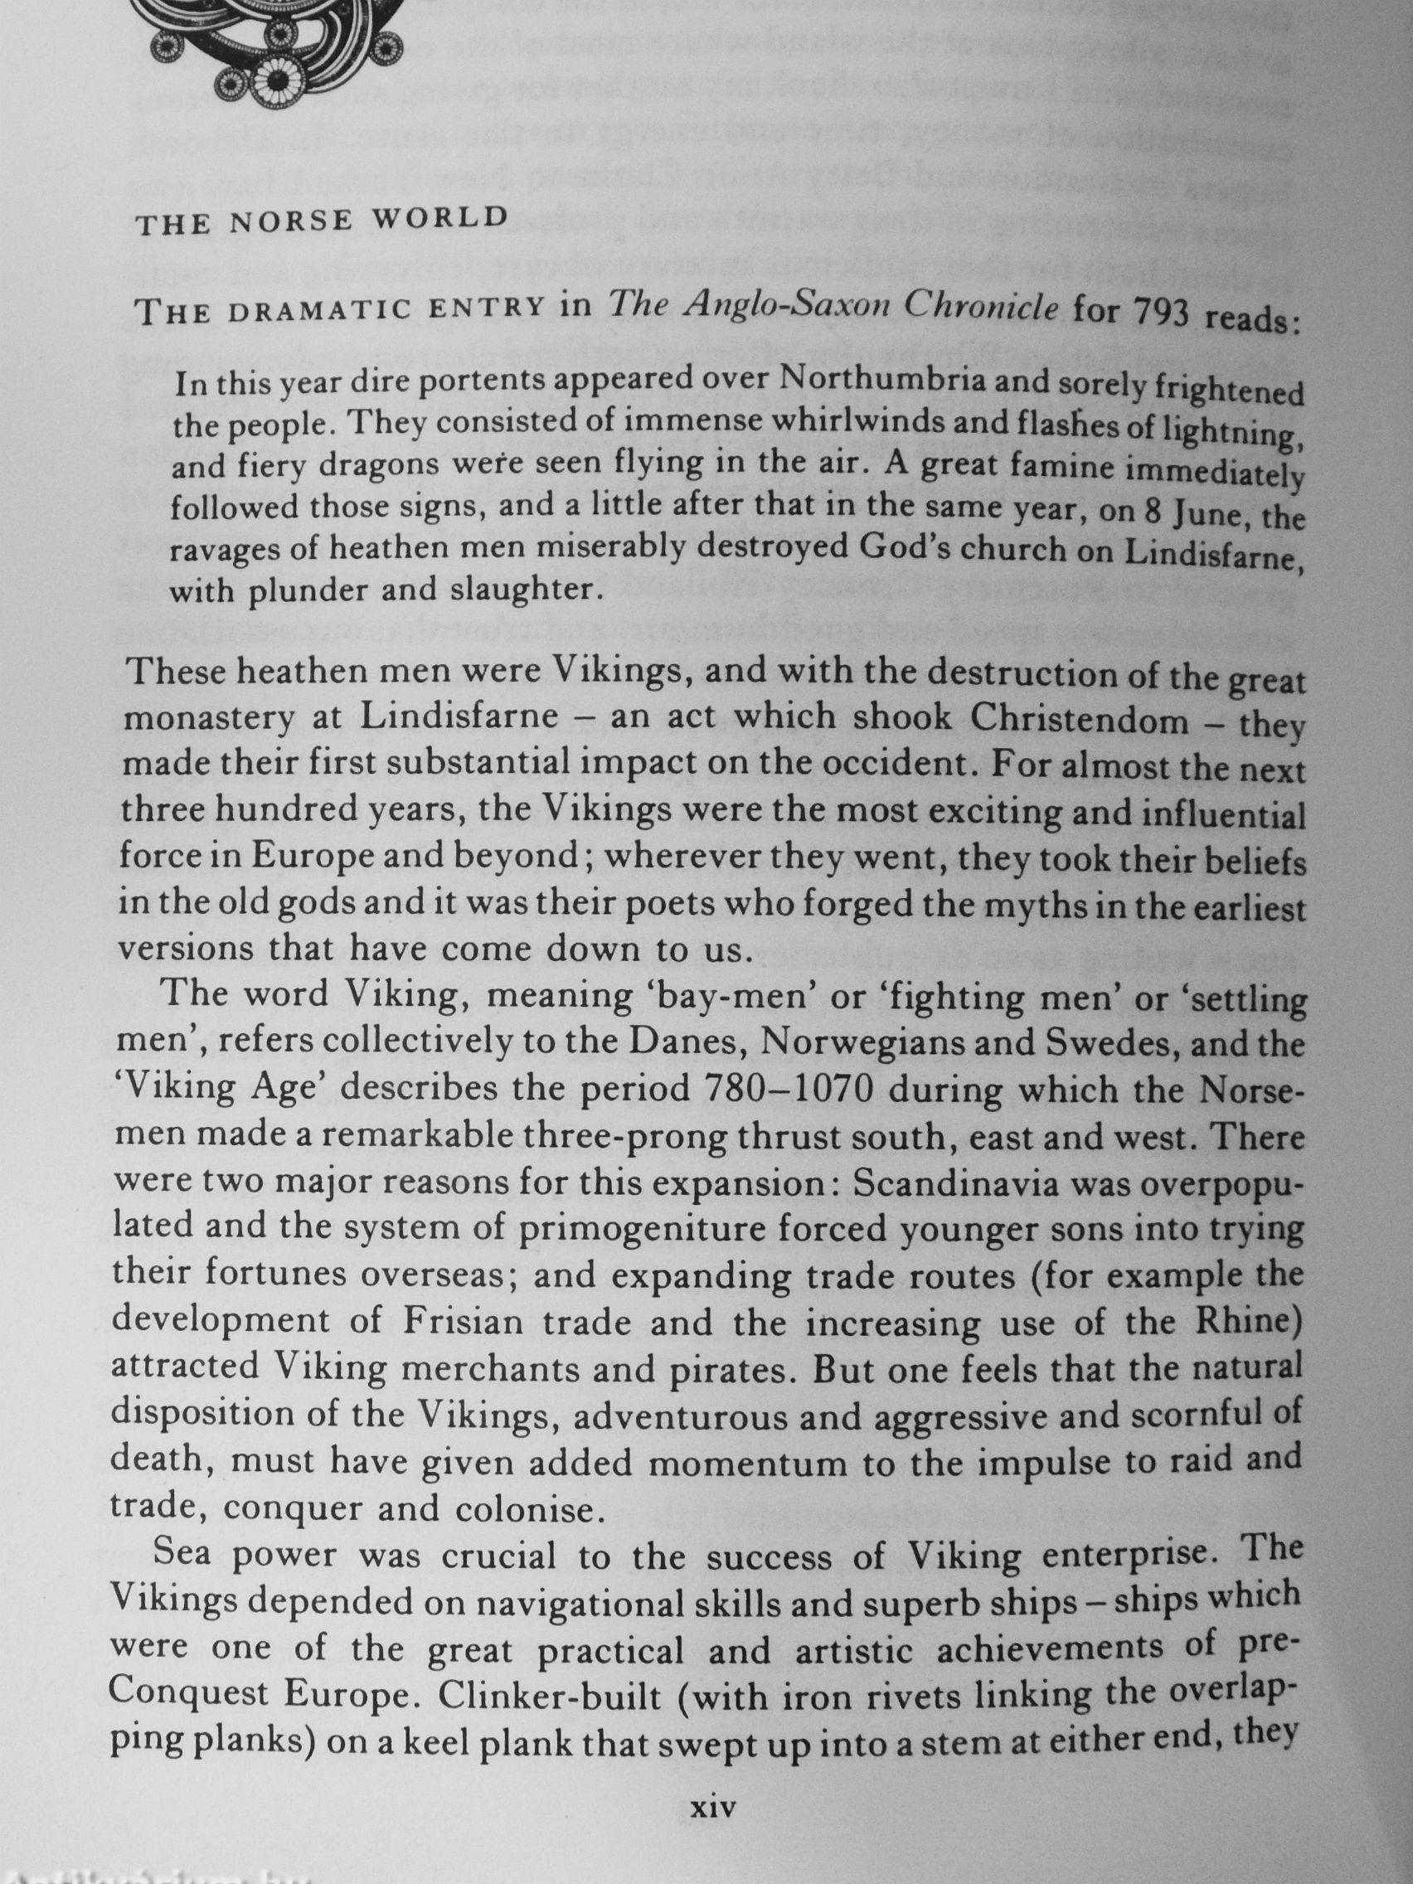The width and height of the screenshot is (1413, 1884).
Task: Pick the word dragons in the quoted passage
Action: pos(391,466)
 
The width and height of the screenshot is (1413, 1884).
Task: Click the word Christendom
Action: pos(1080,722)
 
